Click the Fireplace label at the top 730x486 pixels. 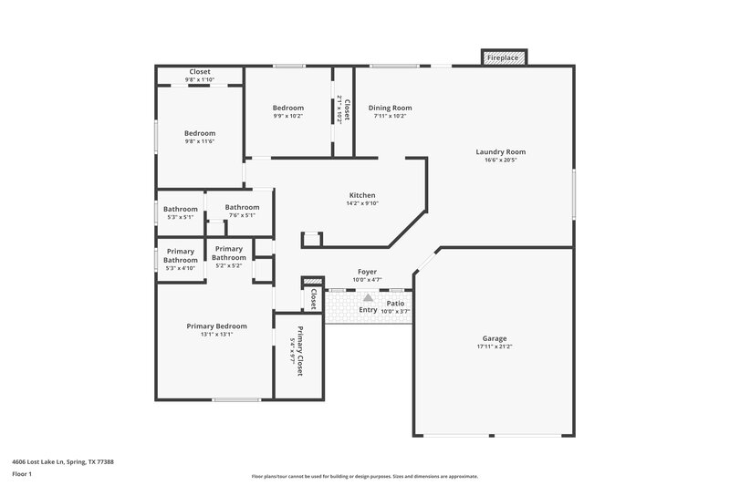click(502, 57)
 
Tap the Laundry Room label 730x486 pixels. click(500, 152)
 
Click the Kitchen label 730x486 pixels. click(362, 195)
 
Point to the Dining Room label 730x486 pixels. click(390, 108)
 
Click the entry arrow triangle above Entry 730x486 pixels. click(368, 297)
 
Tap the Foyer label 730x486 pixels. click(367, 272)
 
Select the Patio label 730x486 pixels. click(395, 304)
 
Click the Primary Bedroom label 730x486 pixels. click(216, 326)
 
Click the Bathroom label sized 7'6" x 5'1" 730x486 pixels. click(242, 207)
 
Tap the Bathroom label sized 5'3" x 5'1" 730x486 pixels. click(181, 209)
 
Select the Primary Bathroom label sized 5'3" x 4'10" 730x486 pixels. click(181, 255)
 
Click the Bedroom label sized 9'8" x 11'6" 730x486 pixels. click(200, 133)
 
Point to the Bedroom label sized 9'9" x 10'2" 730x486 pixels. click(287, 108)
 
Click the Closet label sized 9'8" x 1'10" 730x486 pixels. click(200, 72)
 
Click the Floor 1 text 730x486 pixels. click(22, 475)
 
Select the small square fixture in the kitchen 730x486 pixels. click(312, 239)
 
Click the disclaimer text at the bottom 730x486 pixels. click(364, 476)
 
